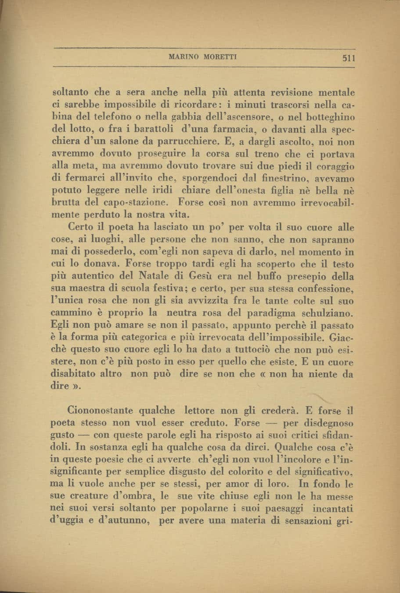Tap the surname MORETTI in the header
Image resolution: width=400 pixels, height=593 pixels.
click(209, 57)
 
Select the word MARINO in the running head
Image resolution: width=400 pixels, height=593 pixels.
click(180, 57)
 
